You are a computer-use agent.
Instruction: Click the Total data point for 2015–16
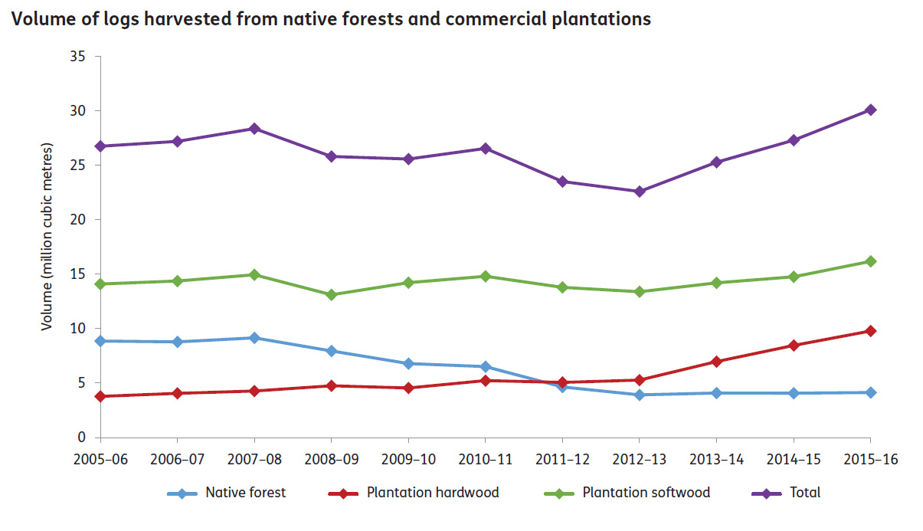tap(870, 110)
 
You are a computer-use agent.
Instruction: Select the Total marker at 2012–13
tap(639, 192)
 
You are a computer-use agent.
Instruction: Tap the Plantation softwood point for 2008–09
tap(331, 295)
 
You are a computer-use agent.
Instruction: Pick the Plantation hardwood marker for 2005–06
tap(100, 396)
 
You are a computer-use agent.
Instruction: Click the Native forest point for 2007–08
tap(254, 338)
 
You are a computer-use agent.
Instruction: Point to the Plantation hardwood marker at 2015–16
tap(870, 331)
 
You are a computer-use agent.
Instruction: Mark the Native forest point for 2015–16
tap(870, 392)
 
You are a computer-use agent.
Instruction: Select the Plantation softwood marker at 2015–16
tap(870, 261)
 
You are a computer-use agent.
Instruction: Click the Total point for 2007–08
tap(254, 129)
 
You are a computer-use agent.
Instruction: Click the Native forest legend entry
tap(245, 493)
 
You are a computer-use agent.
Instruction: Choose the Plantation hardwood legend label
tap(433, 493)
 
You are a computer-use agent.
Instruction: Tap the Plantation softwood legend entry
tap(646, 493)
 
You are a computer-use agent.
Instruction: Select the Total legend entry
tap(805, 493)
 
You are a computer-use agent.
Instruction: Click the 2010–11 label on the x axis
tap(485, 459)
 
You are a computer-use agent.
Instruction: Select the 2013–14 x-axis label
tap(715, 459)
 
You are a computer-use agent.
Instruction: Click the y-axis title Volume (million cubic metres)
tap(47, 236)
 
